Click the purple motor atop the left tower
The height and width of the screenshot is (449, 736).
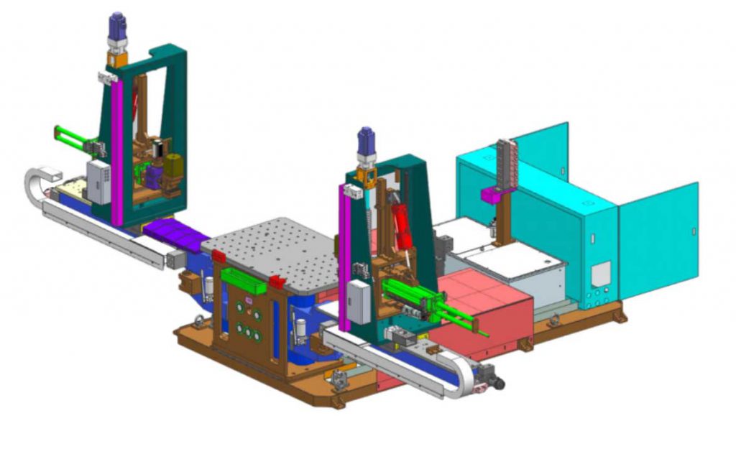116,28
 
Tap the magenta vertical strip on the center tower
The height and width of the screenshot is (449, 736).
345,251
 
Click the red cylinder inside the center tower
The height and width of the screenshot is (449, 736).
400,218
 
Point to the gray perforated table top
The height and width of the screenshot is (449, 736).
273,248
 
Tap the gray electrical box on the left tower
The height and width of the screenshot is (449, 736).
98,181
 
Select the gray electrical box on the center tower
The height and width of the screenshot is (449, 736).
358,302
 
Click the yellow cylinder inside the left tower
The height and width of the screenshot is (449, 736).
173,167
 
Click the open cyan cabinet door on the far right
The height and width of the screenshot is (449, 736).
658,230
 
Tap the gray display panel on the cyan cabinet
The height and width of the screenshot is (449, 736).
601,273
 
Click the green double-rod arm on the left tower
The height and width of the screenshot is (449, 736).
72,139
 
